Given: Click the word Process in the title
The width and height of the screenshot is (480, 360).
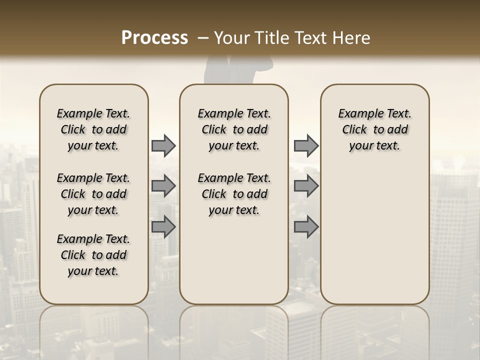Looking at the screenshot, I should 154,38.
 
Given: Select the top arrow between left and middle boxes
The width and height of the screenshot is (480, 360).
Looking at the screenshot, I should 163,145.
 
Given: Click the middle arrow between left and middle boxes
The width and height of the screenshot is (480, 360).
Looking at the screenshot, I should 163,186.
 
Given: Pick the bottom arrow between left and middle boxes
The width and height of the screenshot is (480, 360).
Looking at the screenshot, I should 163,227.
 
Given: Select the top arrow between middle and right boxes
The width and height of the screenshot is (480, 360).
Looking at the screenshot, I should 306,145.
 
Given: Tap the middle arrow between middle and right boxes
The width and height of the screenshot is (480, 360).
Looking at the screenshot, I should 306,186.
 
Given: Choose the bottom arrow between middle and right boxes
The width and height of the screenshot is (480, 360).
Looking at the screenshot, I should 306,227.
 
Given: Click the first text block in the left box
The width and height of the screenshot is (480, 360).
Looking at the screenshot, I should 93,129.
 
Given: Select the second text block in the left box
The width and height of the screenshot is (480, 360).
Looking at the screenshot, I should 93,194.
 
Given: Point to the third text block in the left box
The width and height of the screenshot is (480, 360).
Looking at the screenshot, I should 93,255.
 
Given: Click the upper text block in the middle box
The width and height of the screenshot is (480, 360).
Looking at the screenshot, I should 234,129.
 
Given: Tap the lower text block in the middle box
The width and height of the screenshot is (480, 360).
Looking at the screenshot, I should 234,194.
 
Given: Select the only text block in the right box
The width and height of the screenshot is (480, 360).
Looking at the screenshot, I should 374,129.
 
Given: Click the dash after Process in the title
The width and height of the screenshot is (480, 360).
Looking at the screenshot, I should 203,38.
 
